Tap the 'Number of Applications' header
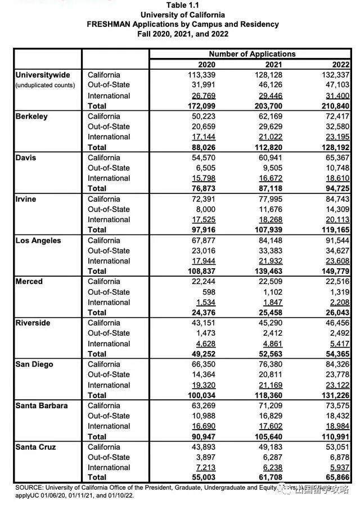tap(252, 54)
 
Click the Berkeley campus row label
tap(31, 116)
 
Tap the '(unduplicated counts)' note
tap(46, 85)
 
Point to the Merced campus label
tap(29, 282)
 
